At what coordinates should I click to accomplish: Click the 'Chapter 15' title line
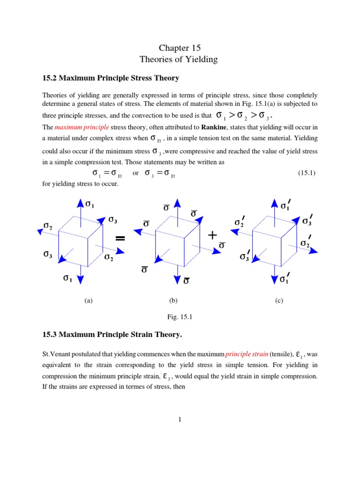(180, 48)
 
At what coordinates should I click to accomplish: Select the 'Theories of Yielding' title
(180, 60)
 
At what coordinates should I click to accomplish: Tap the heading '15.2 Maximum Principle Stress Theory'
(111, 77)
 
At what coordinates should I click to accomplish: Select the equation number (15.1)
(307, 173)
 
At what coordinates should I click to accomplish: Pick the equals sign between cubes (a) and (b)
(120, 239)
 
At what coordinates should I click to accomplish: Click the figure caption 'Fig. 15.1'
(180, 317)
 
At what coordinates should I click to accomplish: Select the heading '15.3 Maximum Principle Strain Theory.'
(112, 335)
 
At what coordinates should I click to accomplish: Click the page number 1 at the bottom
(180, 420)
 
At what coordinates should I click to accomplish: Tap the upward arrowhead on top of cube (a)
(79, 203)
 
